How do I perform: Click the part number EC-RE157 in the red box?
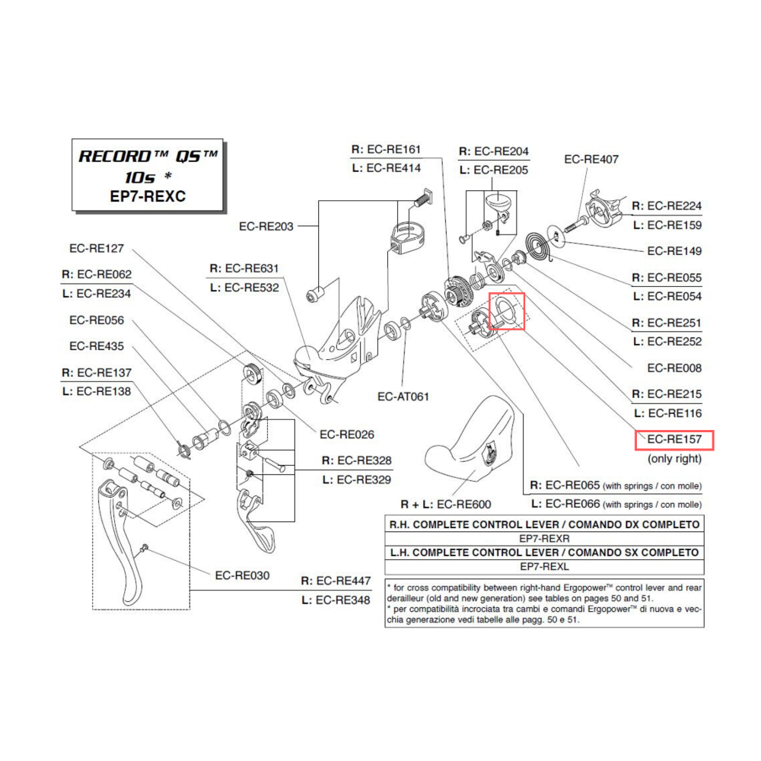point(674,440)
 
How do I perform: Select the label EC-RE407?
point(591,159)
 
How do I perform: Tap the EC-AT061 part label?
point(403,396)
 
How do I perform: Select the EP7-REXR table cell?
point(544,538)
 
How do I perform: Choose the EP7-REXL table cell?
point(544,567)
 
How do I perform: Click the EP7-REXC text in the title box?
point(149,196)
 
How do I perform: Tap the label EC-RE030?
point(242,575)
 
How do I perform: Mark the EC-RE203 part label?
point(266,226)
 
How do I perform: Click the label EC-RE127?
point(102,248)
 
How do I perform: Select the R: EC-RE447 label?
point(336,581)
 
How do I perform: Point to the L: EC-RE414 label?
point(386,168)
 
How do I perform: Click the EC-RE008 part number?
point(674,368)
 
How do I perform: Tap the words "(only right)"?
point(674,459)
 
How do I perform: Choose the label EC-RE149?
point(674,251)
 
